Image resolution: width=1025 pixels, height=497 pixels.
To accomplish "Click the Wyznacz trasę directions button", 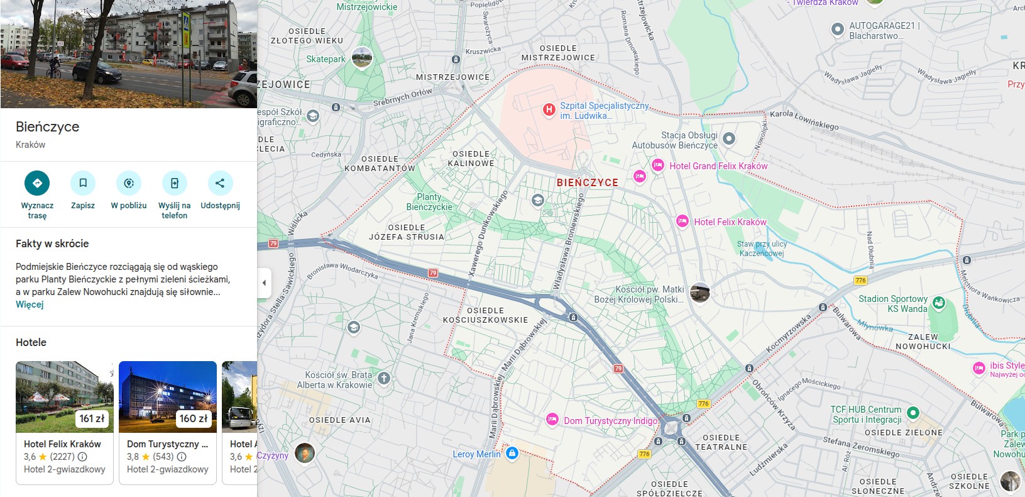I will click(37, 183).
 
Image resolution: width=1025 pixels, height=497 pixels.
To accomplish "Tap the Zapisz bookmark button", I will click(83, 183).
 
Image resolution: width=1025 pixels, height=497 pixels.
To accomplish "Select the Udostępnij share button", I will click(220, 183).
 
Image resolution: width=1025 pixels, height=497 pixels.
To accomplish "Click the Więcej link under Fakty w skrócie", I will click(30, 304).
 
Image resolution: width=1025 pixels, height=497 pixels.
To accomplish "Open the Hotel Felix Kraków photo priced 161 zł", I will click(64, 396).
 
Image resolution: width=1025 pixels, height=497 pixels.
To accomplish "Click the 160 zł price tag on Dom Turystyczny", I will click(194, 418).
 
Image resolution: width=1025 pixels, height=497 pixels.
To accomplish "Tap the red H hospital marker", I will click(549, 110).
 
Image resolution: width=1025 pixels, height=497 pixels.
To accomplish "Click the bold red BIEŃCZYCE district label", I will click(587, 182).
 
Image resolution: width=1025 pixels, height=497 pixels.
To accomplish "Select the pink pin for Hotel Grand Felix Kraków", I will click(657, 165).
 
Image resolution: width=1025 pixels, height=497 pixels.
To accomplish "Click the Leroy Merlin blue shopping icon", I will click(512, 453).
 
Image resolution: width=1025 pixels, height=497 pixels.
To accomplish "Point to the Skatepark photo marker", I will click(361, 58).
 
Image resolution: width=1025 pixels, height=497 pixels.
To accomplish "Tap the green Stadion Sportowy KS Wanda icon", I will click(938, 303).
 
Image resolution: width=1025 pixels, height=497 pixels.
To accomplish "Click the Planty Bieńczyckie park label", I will click(429, 202).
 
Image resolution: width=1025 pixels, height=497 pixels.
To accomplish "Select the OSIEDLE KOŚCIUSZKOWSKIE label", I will click(485, 315).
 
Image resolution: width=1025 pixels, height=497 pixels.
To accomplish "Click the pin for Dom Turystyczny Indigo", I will click(552, 420).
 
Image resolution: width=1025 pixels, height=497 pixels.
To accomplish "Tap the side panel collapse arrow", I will click(264, 283).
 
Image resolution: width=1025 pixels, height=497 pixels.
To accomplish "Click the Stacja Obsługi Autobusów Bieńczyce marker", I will click(728, 138).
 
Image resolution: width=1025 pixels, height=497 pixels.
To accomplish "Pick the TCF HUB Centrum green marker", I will click(913, 413).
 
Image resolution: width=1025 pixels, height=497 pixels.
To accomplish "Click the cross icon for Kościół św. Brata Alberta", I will click(384, 379).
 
